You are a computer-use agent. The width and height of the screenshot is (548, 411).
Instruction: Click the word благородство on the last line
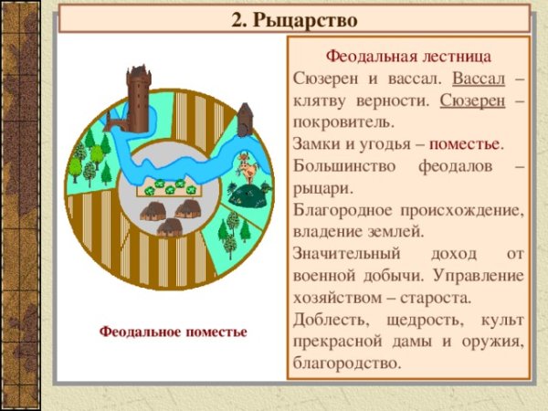(348, 364)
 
